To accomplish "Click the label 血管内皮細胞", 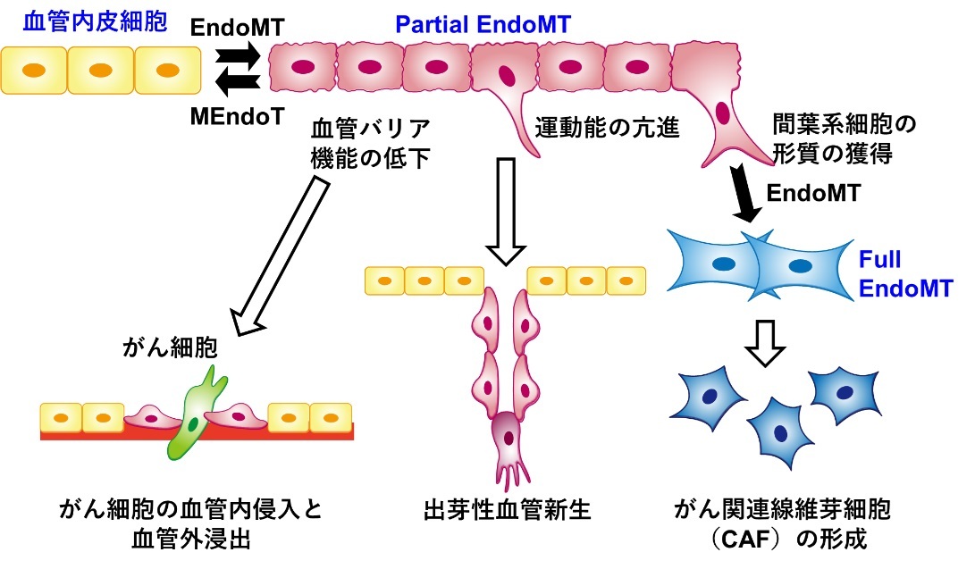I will tap(84, 21).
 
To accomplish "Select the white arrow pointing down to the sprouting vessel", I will tap(506, 210).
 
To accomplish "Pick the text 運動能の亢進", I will tap(608, 129).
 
